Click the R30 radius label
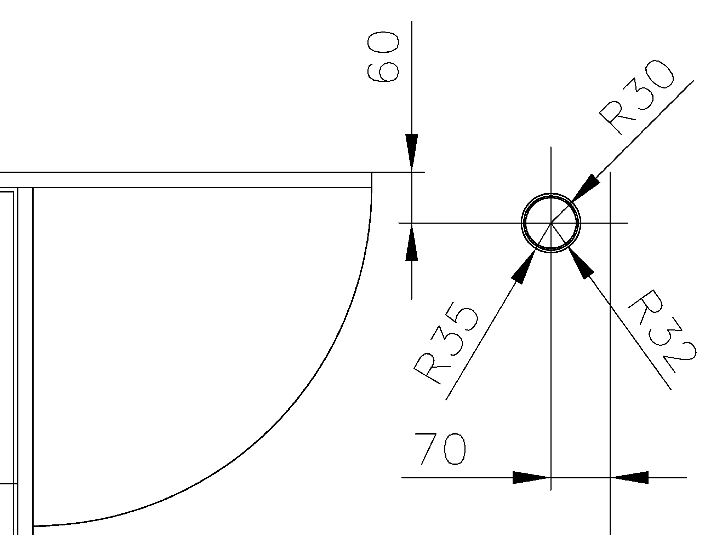[636, 101]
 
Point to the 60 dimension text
[383, 57]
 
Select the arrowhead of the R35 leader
[524, 265]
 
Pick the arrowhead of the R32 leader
[581, 263]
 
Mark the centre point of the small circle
[551, 223]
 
